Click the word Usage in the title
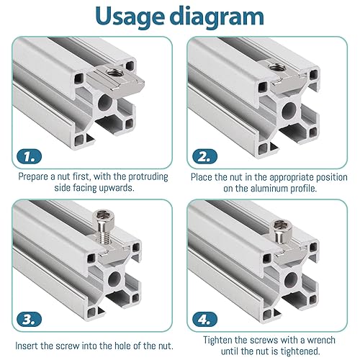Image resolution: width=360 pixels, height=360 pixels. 130,17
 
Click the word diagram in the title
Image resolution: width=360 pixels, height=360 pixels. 217,16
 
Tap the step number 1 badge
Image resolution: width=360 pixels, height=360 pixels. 30,157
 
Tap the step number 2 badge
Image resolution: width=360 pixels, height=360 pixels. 204,156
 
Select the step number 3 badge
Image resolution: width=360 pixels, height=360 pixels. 30,319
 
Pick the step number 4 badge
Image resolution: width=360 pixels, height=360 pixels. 204,319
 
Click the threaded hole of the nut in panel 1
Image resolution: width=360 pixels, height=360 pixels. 114,71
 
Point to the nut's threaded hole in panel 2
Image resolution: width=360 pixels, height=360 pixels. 278,66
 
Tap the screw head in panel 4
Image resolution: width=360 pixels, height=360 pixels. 283,226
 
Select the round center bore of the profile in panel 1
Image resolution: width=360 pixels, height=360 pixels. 105,103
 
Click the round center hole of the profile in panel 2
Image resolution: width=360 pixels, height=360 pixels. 289,111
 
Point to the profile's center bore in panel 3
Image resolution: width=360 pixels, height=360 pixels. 114,279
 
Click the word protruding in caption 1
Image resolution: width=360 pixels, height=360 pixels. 148,177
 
